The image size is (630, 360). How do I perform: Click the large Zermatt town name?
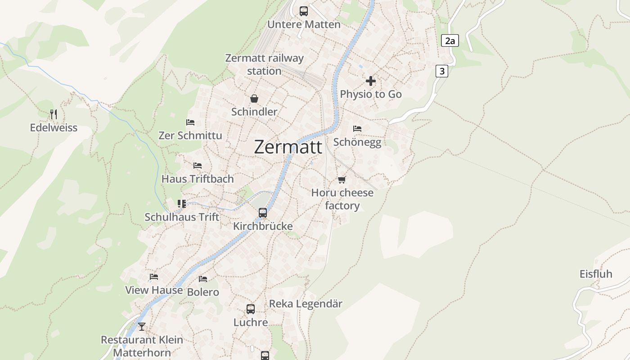pyautogui.click(x=288, y=147)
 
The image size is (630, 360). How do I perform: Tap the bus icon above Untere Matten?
pyautogui.click(x=304, y=11)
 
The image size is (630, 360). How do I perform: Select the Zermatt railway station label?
pyautogui.click(x=264, y=64)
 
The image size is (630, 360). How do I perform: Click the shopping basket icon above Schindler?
pyautogui.click(x=254, y=99)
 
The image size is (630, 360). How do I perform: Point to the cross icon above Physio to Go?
pyautogui.click(x=371, y=81)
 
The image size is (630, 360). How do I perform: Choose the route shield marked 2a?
pyautogui.click(x=450, y=41)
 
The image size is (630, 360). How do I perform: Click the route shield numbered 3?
pyautogui.click(x=442, y=71)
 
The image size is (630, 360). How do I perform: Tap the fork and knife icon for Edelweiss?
pyautogui.click(x=54, y=114)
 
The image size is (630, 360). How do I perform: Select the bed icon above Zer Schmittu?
pyautogui.click(x=190, y=122)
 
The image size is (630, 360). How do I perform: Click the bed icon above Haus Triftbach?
pyautogui.click(x=198, y=166)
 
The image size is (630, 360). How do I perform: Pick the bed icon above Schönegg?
pyautogui.click(x=357, y=129)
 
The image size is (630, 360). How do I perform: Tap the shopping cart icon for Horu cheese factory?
pyautogui.click(x=342, y=180)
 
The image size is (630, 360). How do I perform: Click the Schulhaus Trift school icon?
pyautogui.click(x=182, y=204)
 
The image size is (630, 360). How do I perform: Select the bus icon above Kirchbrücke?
pyautogui.click(x=263, y=213)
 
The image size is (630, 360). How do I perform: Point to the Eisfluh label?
pyautogui.click(x=596, y=274)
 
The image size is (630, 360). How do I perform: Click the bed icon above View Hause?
pyautogui.click(x=154, y=277)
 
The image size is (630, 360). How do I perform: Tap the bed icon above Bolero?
pyautogui.click(x=203, y=279)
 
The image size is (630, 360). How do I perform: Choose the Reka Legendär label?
pyautogui.click(x=306, y=304)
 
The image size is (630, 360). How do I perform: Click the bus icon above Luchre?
pyautogui.click(x=251, y=309)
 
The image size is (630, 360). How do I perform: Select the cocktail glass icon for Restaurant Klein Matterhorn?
pyautogui.click(x=142, y=326)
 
